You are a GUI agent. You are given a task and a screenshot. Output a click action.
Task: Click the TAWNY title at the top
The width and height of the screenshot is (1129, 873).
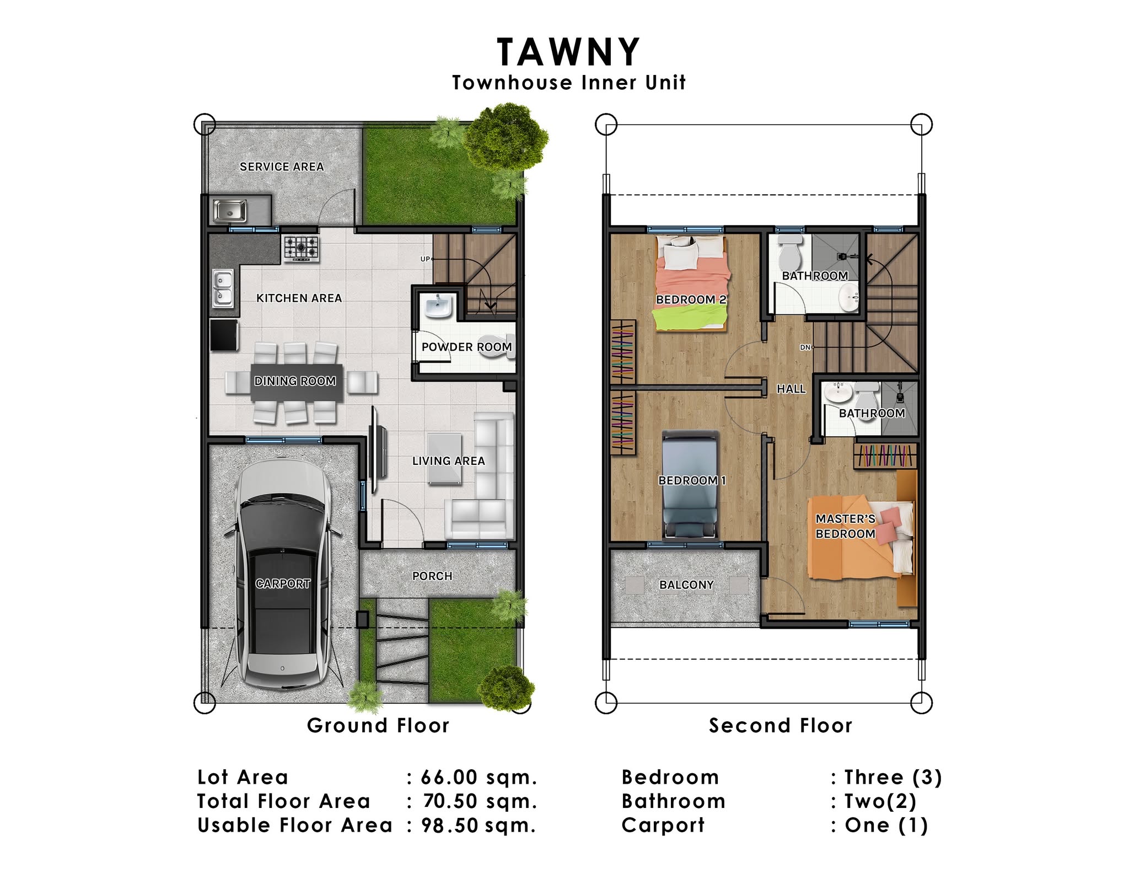click(568, 52)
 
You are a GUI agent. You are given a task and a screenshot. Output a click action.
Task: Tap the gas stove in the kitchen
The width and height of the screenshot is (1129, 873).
click(302, 248)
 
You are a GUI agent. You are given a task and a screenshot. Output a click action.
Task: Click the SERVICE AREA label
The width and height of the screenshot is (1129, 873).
click(282, 167)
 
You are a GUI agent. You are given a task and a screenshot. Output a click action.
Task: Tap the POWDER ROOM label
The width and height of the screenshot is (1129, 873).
click(466, 347)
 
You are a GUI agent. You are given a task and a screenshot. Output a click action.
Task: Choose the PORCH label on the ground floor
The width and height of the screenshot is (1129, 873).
click(432, 576)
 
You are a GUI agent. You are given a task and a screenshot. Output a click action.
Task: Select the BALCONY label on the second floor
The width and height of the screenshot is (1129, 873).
click(686, 585)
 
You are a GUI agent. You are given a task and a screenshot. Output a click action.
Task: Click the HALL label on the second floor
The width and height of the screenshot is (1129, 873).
click(791, 389)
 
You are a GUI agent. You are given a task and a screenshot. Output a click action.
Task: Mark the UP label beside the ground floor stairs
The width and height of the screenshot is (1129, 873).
click(425, 259)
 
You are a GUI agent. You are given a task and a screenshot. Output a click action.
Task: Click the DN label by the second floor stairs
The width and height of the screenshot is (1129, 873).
click(805, 347)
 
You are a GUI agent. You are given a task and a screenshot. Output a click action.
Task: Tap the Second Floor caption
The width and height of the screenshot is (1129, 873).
click(781, 725)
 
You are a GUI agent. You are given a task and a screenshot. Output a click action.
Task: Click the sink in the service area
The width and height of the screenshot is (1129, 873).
click(230, 210)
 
